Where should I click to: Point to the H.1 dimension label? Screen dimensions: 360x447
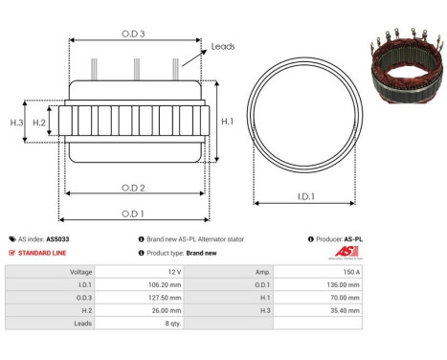pyautogui.click(x=226, y=122)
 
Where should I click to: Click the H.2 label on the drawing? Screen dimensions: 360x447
pyautogui.click(x=39, y=123)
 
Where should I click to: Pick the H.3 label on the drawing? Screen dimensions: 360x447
pyautogui.click(x=16, y=123)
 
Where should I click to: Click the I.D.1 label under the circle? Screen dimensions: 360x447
pyautogui.click(x=306, y=197)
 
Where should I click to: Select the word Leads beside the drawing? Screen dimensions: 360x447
pyautogui.click(x=223, y=46)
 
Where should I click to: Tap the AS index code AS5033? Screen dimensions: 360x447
pyautogui.click(x=57, y=238)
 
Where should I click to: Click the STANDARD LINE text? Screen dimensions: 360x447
pyautogui.click(x=47, y=253)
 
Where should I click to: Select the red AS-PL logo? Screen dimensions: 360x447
pyautogui.click(x=345, y=252)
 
